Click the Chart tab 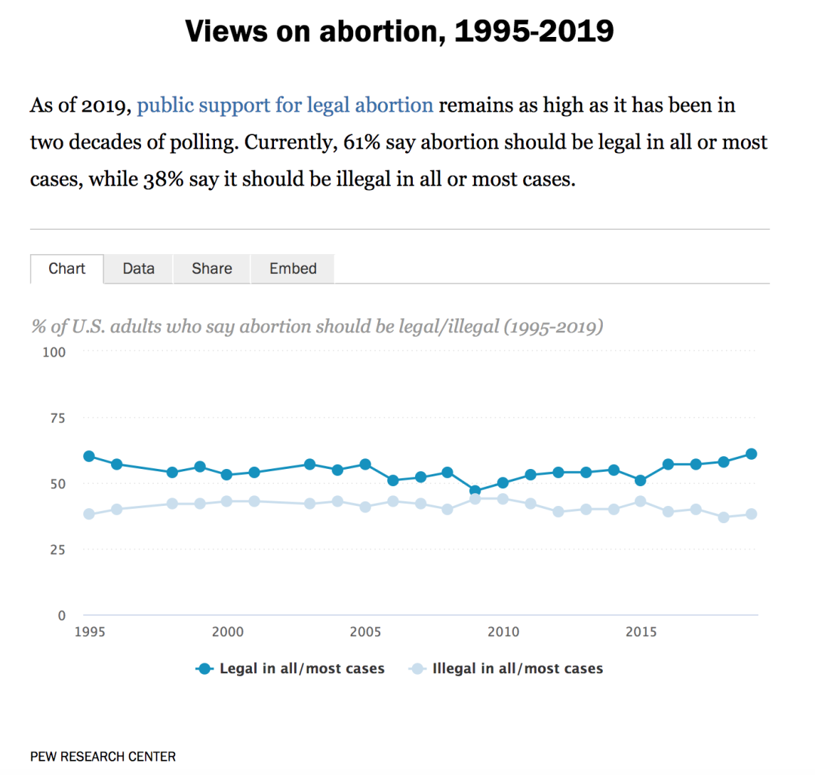point(66,268)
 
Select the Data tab point(138,268)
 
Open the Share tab point(211,268)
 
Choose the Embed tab point(293,268)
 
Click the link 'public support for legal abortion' point(285,105)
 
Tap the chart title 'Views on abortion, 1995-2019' point(399,32)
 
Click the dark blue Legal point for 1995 point(89,456)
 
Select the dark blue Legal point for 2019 point(752,454)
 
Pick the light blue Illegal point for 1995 point(89,514)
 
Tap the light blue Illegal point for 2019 point(752,514)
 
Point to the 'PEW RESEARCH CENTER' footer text point(103,756)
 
